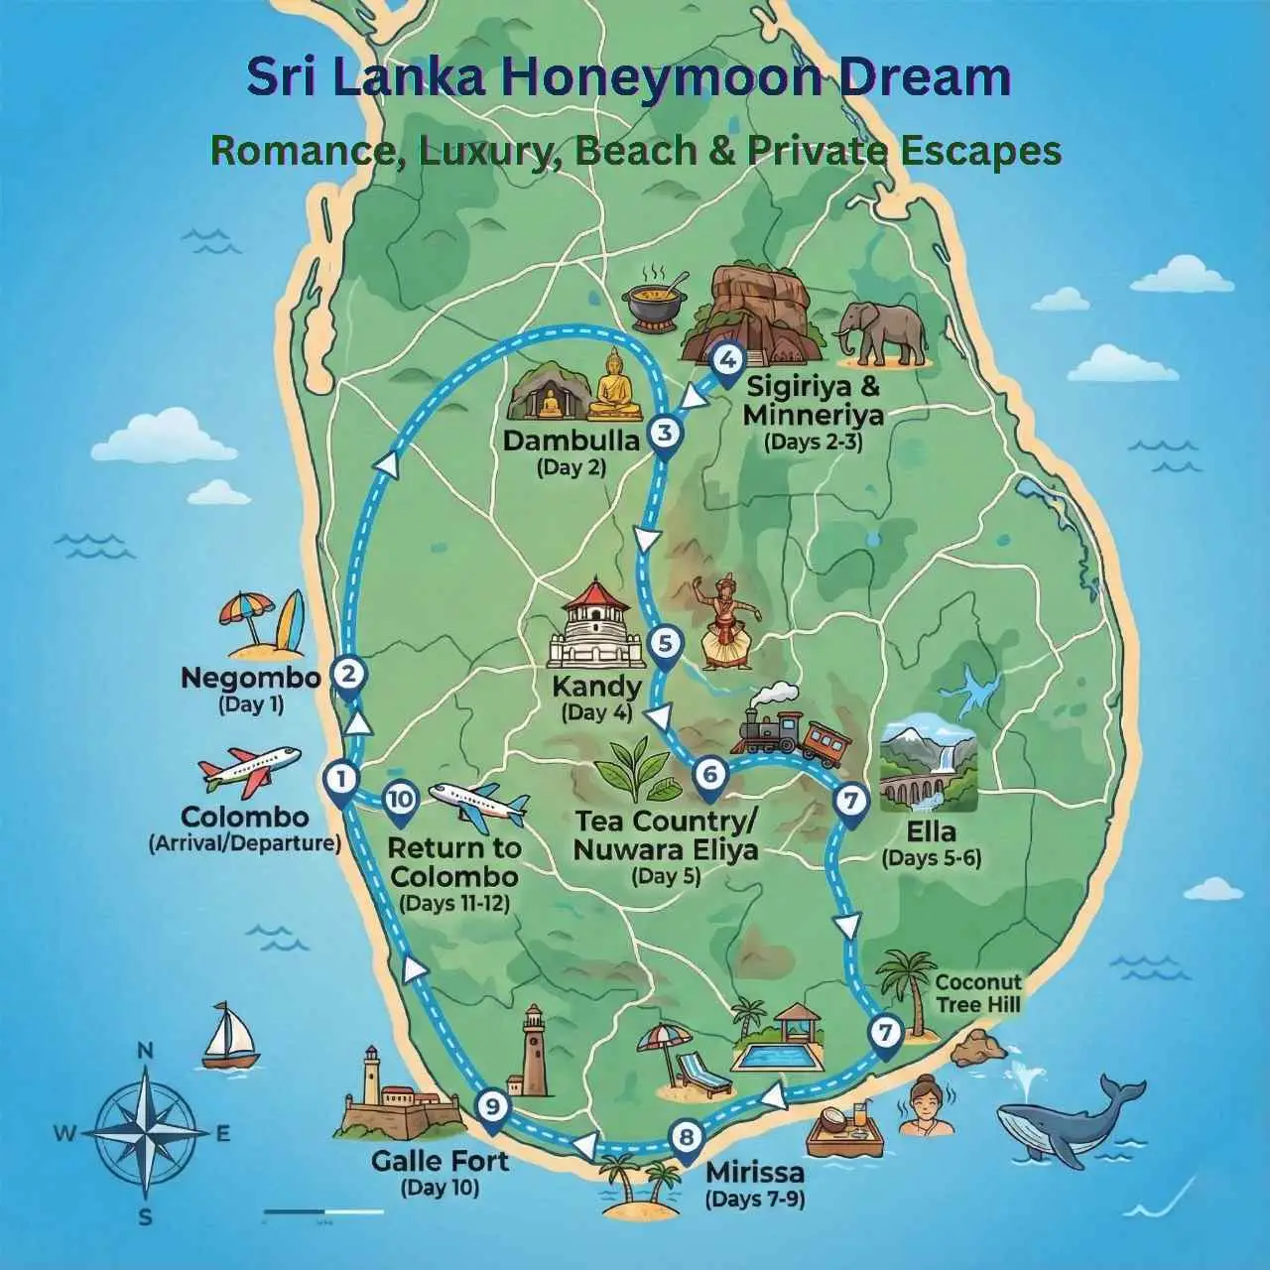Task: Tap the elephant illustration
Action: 881,332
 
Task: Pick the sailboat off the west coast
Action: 229,1037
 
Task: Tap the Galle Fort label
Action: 440,1161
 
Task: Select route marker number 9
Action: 492,1105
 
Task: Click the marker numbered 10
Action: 401,800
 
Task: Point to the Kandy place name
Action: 596,687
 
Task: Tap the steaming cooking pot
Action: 655,297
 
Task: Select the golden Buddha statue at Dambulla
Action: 614,387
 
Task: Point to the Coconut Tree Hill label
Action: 977,993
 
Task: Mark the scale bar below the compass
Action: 323,1211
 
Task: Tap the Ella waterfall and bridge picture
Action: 929,770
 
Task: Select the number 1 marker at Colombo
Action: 340,780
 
